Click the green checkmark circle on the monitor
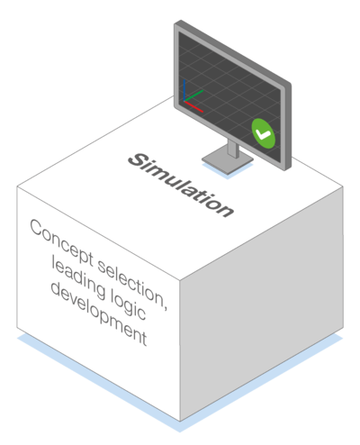263,133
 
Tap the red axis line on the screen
193,106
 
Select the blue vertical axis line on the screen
184,89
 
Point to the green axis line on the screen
193,95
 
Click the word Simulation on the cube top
181,185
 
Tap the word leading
78,277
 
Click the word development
99,313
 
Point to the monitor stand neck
233,148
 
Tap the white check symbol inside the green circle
263,134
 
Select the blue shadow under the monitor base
228,172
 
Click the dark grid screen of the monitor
229,96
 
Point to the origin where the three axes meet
184,101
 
